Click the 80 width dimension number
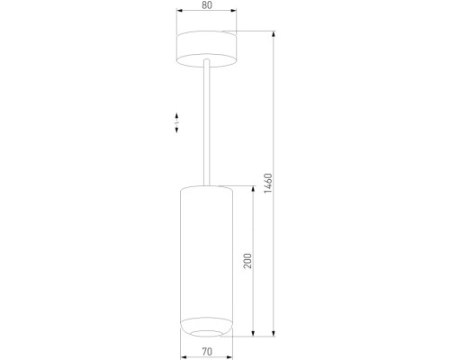[207, 5]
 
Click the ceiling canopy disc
[207, 47]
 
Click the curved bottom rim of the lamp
[206, 326]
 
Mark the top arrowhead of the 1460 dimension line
[274, 34]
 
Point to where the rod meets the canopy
[207, 61]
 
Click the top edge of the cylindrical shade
[206, 188]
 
